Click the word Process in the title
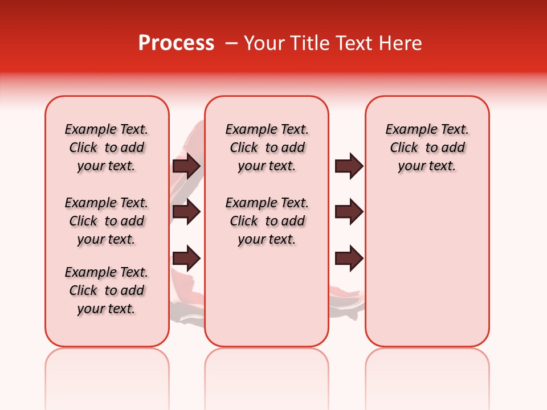(x=176, y=43)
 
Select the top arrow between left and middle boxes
(x=186, y=166)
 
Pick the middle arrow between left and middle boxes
(x=186, y=212)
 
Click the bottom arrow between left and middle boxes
(x=186, y=257)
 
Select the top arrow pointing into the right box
(x=349, y=166)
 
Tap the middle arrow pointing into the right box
(x=349, y=212)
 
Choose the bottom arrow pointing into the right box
(x=349, y=257)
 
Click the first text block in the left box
(x=107, y=147)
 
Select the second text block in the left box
(x=107, y=221)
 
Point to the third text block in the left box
(x=107, y=290)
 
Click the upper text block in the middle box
(x=267, y=147)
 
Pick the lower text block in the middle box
(x=267, y=221)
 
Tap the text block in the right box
(x=427, y=147)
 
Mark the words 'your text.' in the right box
(x=427, y=166)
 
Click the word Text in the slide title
(x=354, y=43)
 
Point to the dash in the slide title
(x=231, y=43)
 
